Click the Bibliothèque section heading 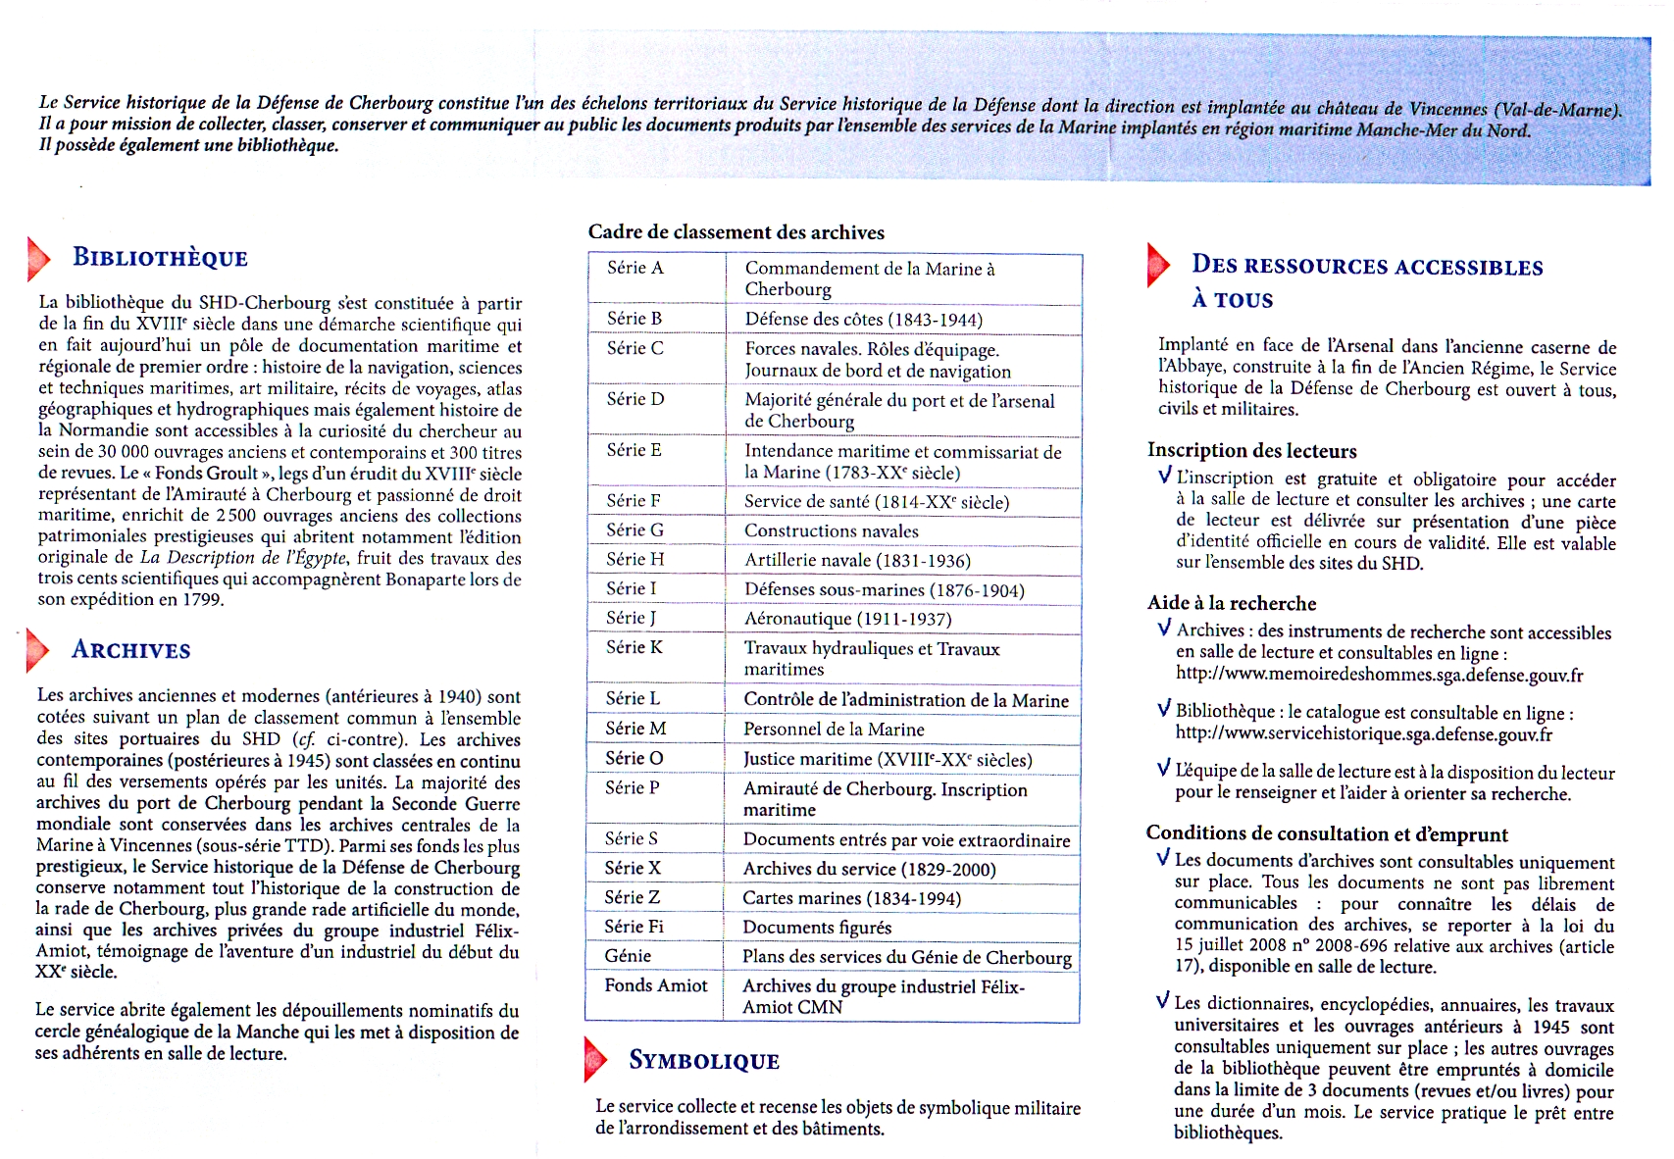tap(160, 258)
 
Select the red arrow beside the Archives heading tap(38, 649)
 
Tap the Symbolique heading tap(703, 1061)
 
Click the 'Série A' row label tap(634, 268)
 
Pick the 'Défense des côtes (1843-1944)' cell tap(863, 320)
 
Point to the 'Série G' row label tap(634, 529)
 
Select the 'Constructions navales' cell tap(831, 530)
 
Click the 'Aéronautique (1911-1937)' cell tap(847, 619)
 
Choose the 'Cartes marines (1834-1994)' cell tap(851, 898)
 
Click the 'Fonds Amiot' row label tap(655, 985)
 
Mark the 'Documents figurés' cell tap(817, 928)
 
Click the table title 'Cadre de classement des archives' tap(736, 232)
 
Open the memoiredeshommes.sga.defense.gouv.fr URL tap(1379, 675)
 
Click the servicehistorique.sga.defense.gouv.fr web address tap(1363, 734)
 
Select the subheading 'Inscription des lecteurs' tap(1251, 451)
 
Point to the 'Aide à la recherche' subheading tap(1231, 604)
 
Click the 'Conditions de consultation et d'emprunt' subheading tap(1326, 834)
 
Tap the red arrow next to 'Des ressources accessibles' tap(1158, 265)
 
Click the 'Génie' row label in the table tap(628, 956)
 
